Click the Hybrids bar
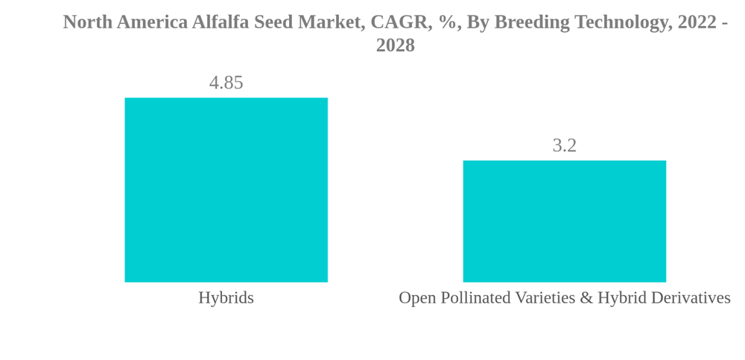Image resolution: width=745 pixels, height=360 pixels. pyautogui.click(x=226, y=190)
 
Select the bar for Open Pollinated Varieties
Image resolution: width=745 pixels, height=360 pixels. pyautogui.click(x=564, y=221)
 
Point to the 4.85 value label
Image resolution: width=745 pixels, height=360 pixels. pyautogui.click(x=226, y=83)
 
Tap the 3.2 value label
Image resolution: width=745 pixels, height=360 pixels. pyautogui.click(x=564, y=145)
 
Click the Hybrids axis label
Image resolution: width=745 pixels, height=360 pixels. pyautogui.click(x=226, y=298)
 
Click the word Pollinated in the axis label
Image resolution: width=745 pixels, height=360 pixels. pyautogui.click(x=473, y=298)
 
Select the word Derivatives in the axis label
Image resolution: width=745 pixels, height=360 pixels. pyautogui.click(x=691, y=298)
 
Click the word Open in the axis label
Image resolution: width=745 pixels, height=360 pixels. pyautogui.click(x=416, y=298)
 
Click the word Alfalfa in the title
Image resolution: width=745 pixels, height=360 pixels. pyautogui.click(x=221, y=22)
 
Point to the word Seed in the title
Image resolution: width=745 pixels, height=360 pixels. pyautogui.click(x=273, y=22)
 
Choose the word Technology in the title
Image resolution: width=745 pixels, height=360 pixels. pyautogui.click(x=620, y=22)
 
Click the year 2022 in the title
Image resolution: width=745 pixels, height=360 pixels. pyautogui.click(x=697, y=22)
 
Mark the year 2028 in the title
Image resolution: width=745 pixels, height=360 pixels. pyautogui.click(x=395, y=45)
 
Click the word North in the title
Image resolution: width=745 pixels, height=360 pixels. pyautogui.click(x=87, y=22)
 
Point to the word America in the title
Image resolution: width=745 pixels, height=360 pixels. pyautogui.click(x=152, y=22)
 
